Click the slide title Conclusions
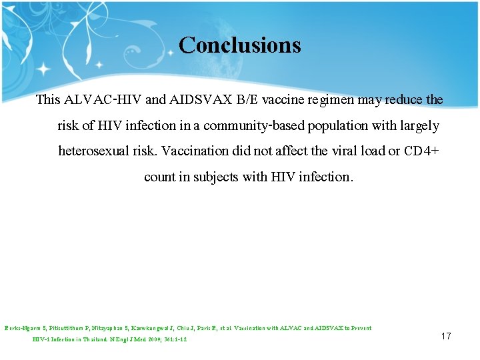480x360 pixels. tap(240, 45)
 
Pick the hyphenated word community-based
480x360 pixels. tap(255, 126)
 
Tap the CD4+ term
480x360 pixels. tap(421, 151)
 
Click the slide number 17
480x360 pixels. tap(446, 336)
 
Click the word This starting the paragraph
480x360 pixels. tap(48, 100)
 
